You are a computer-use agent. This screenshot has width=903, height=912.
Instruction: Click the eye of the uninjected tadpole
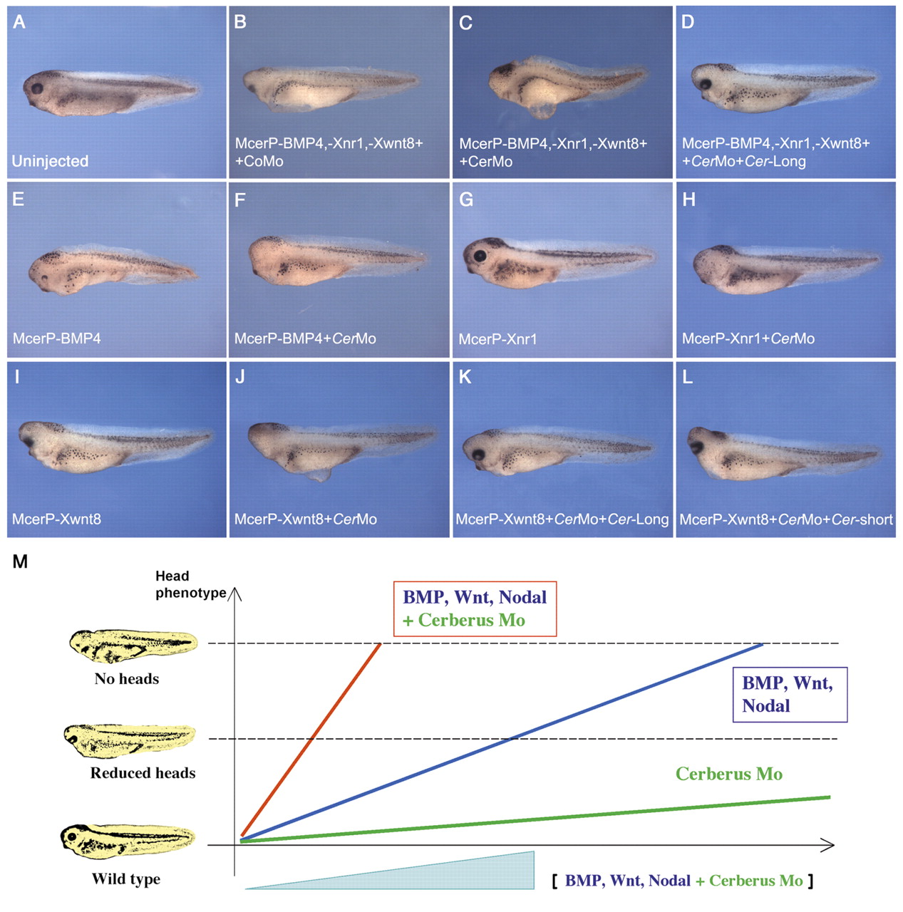(36, 88)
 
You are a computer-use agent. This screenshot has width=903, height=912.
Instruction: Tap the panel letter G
(466, 199)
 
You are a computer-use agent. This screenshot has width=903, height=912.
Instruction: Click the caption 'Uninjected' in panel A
(50, 161)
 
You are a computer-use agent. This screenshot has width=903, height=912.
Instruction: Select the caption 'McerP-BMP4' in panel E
(57, 338)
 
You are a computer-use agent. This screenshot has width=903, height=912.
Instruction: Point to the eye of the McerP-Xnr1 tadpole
(480, 256)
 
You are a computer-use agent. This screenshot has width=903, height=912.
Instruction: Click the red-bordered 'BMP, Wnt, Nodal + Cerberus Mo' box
(475, 608)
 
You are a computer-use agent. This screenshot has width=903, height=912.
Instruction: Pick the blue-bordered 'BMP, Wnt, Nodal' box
(790, 695)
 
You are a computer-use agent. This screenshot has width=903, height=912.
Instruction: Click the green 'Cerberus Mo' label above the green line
(729, 774)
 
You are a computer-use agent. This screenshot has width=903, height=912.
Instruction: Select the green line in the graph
(535, 819)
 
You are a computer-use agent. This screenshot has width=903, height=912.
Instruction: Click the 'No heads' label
(126, 679)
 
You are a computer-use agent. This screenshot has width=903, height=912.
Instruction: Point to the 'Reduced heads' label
(143, 773)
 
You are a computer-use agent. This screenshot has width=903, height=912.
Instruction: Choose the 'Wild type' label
(126, 879)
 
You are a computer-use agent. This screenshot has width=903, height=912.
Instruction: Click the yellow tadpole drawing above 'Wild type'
(128, 841)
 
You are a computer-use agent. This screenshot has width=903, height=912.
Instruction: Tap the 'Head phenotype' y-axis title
(191, 584)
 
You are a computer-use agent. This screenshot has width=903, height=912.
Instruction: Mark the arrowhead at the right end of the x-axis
(827, 845)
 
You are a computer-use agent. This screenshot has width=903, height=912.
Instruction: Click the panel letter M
(20, 561)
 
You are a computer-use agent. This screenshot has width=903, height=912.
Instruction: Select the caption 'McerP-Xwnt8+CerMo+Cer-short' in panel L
(786, 519)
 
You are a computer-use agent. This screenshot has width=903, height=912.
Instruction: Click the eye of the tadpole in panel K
(479, 455)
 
